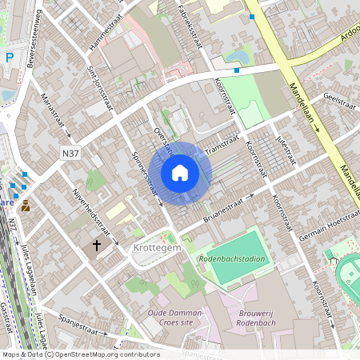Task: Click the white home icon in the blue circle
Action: (180, 173)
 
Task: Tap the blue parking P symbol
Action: (9, 58)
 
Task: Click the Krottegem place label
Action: (156, 250)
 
